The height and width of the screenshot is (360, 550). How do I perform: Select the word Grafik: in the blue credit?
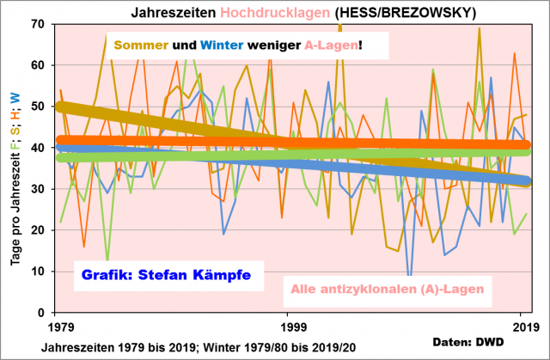click(108, 277)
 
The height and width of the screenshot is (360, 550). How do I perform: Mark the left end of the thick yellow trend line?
click(58, 107)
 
